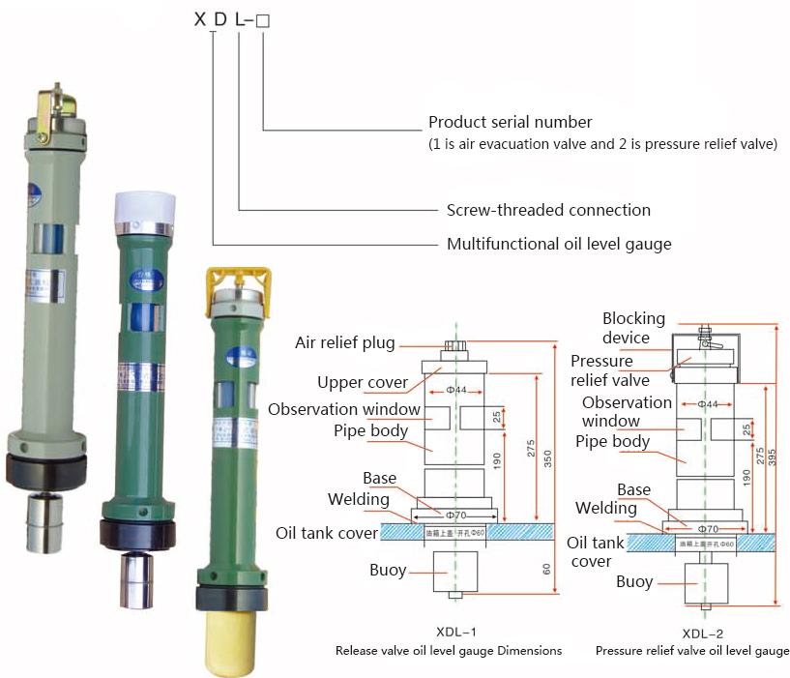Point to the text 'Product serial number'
click(x=510, y=123)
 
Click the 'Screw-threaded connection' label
click(x=548, y=210)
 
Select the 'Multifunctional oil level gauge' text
click(x=558, y=244)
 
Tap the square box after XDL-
click(x=262, y=18)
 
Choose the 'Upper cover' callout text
click(x=362, y=382)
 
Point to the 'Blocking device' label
click(x=633, y=328)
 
